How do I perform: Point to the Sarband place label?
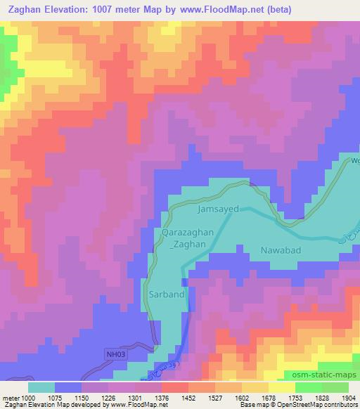coord(167,294)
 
